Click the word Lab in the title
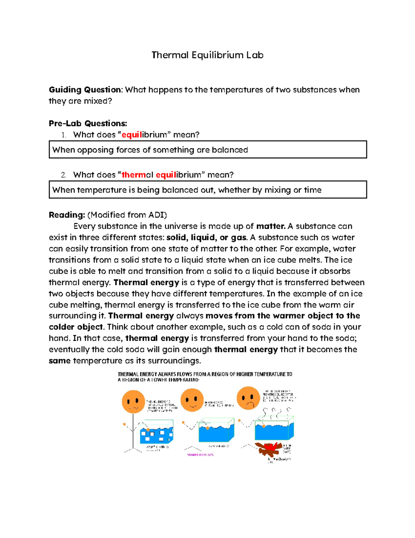tap(255, 55)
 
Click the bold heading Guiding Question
tap(85, 90)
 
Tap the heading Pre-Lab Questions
tap(88, 123)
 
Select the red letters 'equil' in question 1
tap(132, 135)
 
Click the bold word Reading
tap(66, 215)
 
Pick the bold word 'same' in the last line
tap(59, 361)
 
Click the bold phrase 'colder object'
tap(76, 327)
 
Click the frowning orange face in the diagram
tap(248, 398)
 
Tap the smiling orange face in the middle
tap(192, 400)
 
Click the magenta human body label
tap(200, 455)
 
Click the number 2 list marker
tap(63, 175)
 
